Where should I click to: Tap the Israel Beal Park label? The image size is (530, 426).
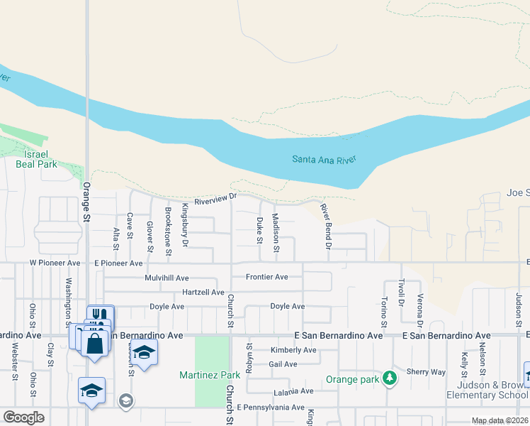(x=36, y=159)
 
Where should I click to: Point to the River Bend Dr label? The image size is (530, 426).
(x=326, y=226)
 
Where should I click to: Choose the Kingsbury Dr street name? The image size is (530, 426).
(x=185, y=226)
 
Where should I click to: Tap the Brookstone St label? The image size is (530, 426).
(x=168, y=231)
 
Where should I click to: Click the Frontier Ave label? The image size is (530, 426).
(x=266, y=277)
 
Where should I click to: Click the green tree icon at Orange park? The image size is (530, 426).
(x=389, y=378)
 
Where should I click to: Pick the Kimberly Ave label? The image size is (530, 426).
(x=293, y=350)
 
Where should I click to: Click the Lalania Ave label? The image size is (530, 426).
(x=293, y=392)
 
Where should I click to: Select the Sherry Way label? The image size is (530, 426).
(x=426, y=371)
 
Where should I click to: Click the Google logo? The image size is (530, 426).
(x=23, y=417)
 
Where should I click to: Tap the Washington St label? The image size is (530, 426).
(x=69, y=299)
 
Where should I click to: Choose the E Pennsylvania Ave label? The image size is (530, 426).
(x=271, y=408)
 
